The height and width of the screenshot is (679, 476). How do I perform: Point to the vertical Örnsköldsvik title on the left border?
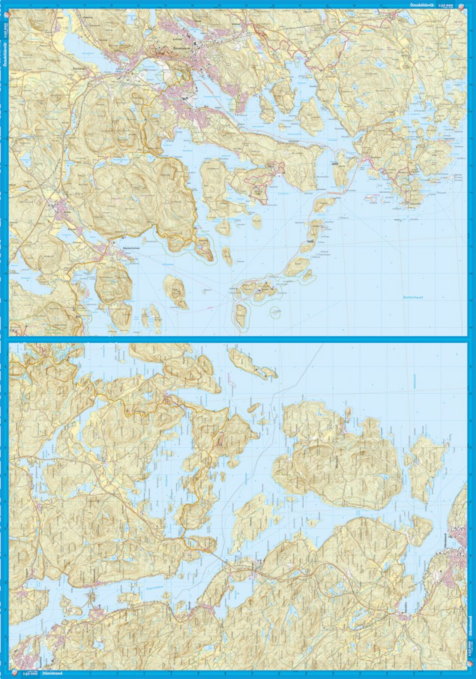pos(4,56)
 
